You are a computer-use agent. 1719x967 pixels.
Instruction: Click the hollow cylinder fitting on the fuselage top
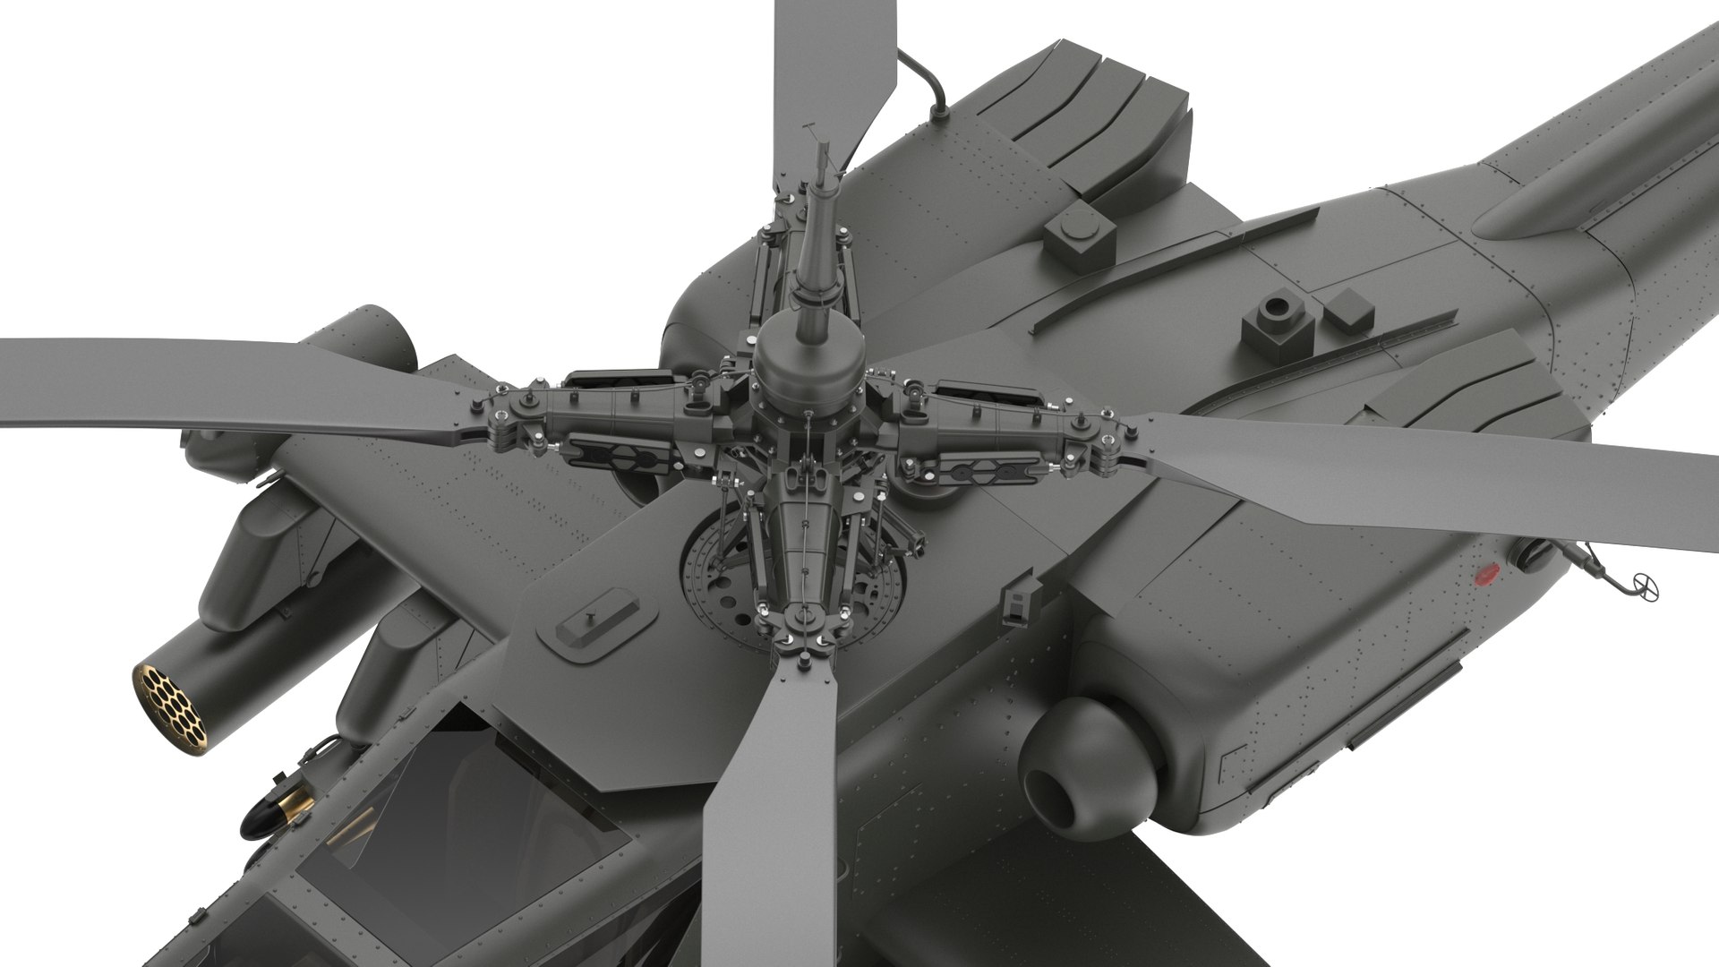[x=1275, y=321]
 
